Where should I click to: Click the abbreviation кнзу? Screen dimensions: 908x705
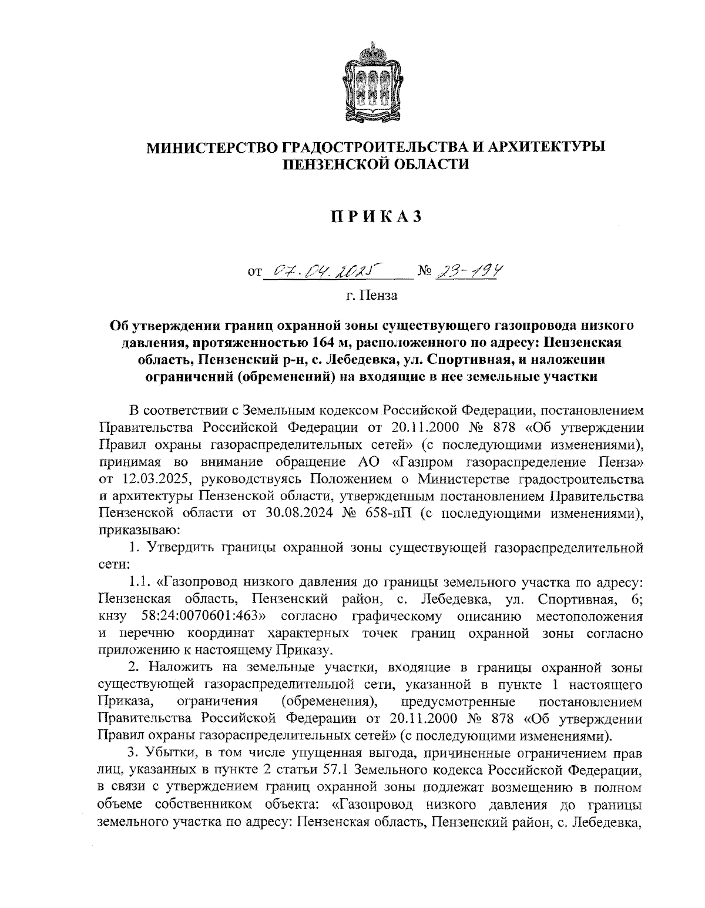[x=113, y=616]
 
